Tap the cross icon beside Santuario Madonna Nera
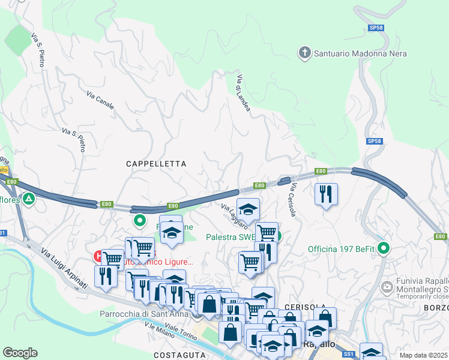305,53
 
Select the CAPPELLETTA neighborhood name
156,163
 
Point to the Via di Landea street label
243,92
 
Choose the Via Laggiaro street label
234,216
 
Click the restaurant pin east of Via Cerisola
326,194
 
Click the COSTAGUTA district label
180,355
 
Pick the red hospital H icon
98,256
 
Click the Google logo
20,352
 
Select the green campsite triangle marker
28,199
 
